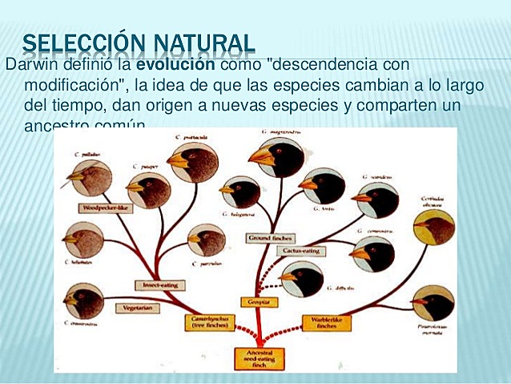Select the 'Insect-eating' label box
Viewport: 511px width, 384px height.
pos(161,285)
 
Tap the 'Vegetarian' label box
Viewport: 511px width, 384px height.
pos(134,308)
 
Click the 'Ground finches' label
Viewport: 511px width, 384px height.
pos(270,238)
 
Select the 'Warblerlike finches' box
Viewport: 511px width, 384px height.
pos(326,322)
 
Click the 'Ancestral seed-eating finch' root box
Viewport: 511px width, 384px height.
pos(257,358)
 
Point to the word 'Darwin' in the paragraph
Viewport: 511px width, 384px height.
pos(28,65)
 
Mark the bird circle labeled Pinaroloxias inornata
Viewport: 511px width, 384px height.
pos(433,303)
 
